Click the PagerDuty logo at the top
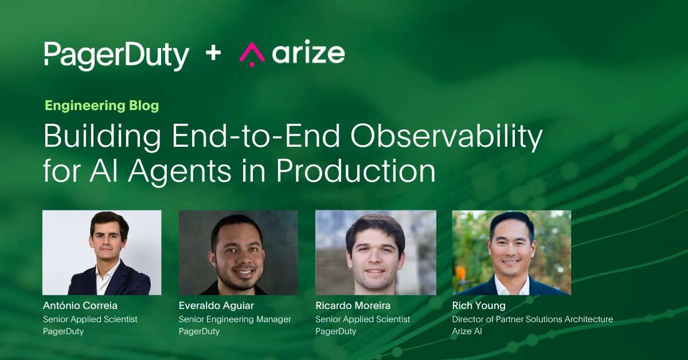click(116, 56)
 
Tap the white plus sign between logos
click(213, 53)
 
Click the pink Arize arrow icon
click(252, 54)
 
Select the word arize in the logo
click(308, 52)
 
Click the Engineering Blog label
click(102, 105)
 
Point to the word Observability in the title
click(447, 136)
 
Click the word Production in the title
click(356, 170)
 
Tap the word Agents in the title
click(179, 172)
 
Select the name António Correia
click(80, 306)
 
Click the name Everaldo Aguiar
click(216, 306)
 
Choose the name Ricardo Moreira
click(353, 306)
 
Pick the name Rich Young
click(479, 306)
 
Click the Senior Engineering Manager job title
click(235, 319)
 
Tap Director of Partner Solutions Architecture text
click(533, 319)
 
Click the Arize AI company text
click(467, 331)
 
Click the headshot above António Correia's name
click(102, 253)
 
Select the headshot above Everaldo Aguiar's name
click(239, 253)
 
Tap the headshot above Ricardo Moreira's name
click(376, 253)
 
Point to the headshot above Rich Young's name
click(511, 253)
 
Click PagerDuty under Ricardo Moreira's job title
click(336, 332)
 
